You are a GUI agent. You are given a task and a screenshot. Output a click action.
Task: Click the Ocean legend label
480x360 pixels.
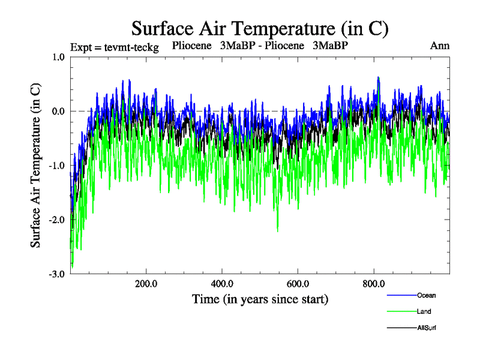(x=427, y=295)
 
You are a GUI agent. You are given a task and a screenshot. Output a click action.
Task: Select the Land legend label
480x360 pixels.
(x=424, y=311)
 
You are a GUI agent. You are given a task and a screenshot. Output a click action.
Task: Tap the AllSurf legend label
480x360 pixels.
(x=426, y=328)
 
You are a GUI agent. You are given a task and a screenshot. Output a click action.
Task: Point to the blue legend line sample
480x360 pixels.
(x=400, y=295)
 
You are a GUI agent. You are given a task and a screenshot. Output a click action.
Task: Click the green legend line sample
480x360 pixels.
(x=400, y=311)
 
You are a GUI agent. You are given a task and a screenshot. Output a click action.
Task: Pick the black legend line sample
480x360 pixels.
(x=400, y=328)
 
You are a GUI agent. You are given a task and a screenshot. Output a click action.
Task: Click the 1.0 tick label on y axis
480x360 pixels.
(x=58, y=57)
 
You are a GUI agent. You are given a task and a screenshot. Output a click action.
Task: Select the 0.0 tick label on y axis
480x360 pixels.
(x=58, y=111)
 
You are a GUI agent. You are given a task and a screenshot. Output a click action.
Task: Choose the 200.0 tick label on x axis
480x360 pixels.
(x=146, y=284)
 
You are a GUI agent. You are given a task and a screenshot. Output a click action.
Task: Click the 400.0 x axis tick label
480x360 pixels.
(x=222, y=284)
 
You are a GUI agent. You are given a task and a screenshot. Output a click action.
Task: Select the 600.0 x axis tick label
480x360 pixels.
(x=298, y=284)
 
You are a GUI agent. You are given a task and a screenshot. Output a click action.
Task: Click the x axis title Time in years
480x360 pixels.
(x=260, y=299)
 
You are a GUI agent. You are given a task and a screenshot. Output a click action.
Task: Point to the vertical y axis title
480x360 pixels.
(x=36, y=165)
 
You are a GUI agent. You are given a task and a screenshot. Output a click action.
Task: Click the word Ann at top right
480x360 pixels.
(x=440, y=46)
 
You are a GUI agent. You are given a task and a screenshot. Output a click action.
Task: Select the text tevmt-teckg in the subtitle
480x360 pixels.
(x=130, y=47)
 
